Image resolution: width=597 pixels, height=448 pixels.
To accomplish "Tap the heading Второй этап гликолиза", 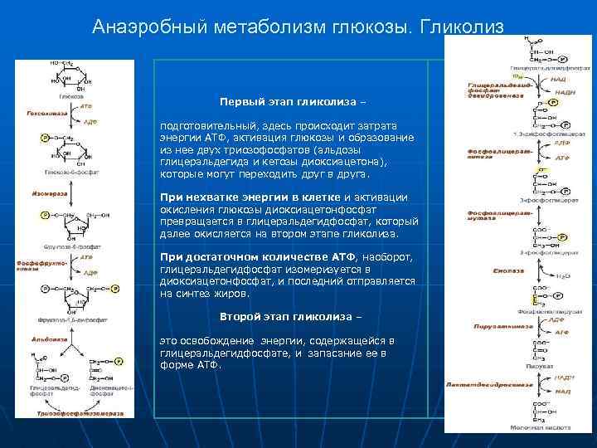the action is pos(290,318).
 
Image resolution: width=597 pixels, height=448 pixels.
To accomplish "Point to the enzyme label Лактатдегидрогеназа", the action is pos(488,384).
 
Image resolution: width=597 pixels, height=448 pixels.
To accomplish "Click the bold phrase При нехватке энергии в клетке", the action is pos(250,197).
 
